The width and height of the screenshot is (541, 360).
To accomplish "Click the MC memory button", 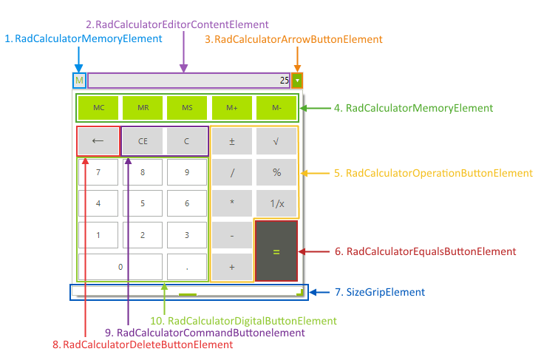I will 98,108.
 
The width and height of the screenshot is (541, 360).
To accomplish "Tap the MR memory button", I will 143,108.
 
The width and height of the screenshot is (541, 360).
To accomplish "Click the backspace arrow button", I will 98,141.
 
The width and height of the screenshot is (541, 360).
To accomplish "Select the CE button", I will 142,141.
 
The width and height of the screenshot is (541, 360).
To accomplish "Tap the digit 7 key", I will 98,172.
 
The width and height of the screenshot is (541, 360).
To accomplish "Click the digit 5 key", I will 142,203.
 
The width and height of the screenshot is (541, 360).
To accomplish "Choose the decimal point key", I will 186,266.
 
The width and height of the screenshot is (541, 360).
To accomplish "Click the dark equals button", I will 276,251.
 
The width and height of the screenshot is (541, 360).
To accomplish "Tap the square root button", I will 276,141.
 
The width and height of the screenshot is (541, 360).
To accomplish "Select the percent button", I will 276,172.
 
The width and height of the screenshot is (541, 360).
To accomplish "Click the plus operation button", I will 231,266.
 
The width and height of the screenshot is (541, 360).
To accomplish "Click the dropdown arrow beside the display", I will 297,81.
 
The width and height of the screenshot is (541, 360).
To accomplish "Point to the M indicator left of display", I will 79,81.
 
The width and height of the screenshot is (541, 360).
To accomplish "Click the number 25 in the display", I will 284,81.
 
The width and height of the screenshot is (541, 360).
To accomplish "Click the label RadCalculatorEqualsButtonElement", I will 425,251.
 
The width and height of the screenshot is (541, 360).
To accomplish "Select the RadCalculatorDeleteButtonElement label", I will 137,344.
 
